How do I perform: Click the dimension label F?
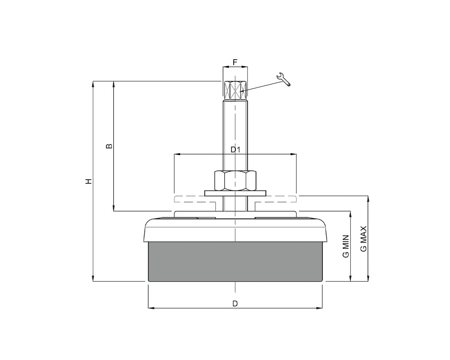(x=235, y=62)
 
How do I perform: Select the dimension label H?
(x=88, y=181)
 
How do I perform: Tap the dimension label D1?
(x=235, y=150)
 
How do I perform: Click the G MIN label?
(x=346, y=246)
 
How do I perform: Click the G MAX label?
(x=363, y=239)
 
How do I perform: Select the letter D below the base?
(x=235, y=303)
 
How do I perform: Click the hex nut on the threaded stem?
(x=235, y=180)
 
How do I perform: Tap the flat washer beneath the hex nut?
(x=235, y=193)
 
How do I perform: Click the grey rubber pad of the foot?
(x=235, y=261)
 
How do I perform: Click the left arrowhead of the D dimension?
(x=151, y=308)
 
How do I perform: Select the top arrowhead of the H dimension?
(x=93, y=83)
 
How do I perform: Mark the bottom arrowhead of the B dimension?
(x=114, y=208)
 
